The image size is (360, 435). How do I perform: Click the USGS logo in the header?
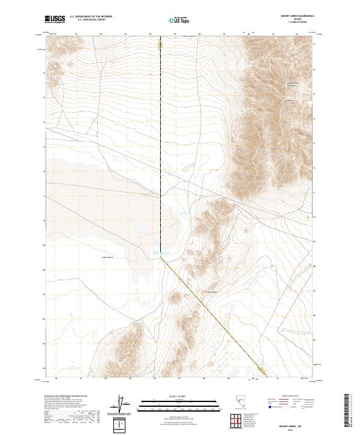click(55, 20)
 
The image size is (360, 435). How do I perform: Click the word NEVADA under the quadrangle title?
click(304, 20)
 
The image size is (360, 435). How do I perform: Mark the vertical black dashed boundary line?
click(161, 150)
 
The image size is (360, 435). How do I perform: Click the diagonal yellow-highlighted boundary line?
click(216, 318)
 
